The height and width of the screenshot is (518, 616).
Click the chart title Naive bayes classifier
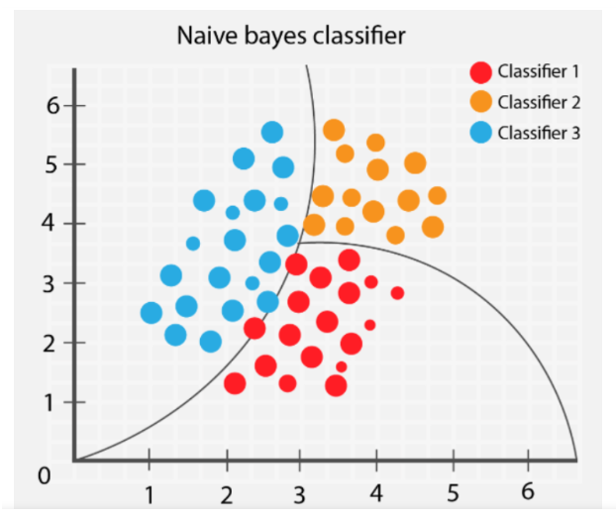click(x=291, y=37)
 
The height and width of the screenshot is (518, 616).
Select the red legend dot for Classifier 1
click(x=481, y=72)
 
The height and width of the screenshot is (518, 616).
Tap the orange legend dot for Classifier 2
click(x=481, y=102)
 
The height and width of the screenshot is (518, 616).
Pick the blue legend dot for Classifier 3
click(x=481, y=133)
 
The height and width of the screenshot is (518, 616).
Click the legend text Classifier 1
click(x=539, y=72)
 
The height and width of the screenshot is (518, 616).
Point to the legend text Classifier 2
click(x=539, y=102)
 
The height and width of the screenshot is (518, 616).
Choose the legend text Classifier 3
click(x=539, y=133)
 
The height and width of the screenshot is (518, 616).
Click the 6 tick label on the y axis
click(x=53, y=105)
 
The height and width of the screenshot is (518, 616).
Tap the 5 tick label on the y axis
click(x=53, y=164)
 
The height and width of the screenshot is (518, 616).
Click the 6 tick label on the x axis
click(x=527, y=492)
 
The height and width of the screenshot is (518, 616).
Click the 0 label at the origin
click(x=44, y=476)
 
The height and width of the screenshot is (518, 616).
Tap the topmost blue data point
click(x=272, y=132)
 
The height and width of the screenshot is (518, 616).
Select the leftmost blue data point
click(x=152, y=313)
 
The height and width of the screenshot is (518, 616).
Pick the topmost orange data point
click(x=334, y=130)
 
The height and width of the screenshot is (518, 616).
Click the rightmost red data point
click(x=397, y=292)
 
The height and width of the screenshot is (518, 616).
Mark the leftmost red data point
click(x=235, y=383)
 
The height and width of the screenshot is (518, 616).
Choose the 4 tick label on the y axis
click(x=53, y=224)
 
